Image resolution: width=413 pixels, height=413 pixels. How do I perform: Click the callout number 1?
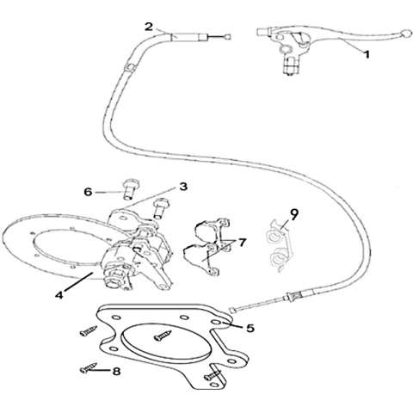pyautogui.click(x=367, y=54)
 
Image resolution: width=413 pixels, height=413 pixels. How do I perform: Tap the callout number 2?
pyautogui.click(x=149, y=27)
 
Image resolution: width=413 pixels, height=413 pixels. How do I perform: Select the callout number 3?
pyautogui.click(x=183, y=187)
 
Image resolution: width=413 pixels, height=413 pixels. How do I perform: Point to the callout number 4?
pyautogui.click(x=59, y=294)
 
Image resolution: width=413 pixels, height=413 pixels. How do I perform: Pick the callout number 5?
pyautogui.click(x=250, y=329)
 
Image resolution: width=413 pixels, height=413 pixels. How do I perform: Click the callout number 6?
pyautogui.click(x=88, y=192)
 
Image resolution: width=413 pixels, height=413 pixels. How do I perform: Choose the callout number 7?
pyautogui.click(x=242, y=243)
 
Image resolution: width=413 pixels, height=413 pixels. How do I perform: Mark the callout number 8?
pyautogui.click(x=116, y=372)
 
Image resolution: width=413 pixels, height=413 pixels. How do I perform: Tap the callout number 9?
pyautogui.click(x=293, y=213)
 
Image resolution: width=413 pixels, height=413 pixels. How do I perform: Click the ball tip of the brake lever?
pyautogui.click(x=405, y=34)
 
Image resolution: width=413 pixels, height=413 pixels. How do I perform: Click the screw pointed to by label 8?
pyautogui.click(x=89, y=367)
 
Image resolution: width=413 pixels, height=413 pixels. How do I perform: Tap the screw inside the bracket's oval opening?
pyautogui.click(x=163, y=336)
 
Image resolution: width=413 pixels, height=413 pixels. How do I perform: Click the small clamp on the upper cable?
pyautogui.click(x=130, y=68)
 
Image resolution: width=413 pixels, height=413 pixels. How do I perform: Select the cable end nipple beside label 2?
pyautogui.click(x=228, y=37)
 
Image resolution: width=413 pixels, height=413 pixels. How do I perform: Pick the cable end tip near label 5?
pyautogui.click(x=232, y=310)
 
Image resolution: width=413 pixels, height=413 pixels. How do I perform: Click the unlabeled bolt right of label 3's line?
pyautogui.click(x=158, y=207)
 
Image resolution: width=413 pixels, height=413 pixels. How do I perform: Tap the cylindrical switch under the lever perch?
pyautogui.click(x=288, y=65)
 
